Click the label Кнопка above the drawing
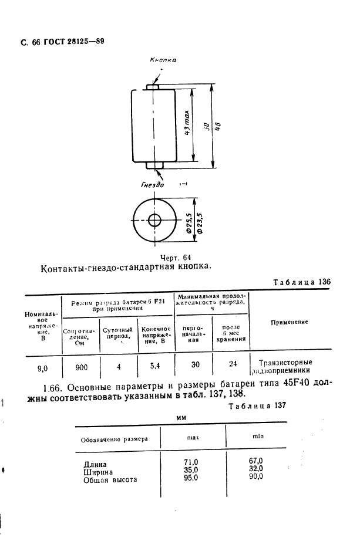pyautogui.click(x=163, y=60)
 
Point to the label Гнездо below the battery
pyautogui.click(x=152, y=185)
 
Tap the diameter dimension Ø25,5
pyautogui.click(x=189, y=223)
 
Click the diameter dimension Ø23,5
pyautogui.click(x=200, y=223)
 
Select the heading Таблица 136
pyautogui.click(x=302, y=282)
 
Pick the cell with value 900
pyautogui.click(x=82, y=367)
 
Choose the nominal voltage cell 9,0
pyautogui.click(x=42, y=368)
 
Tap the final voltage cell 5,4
pyautogui.click(x=156, y=366)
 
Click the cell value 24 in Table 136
pyautogui.click(x=233, y=364)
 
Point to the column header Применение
pyautogui.click(x=290, y=322)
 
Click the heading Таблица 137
pyautogui.click(x=258, y=405)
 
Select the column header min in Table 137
pyautogui.click(x=257, y=437)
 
